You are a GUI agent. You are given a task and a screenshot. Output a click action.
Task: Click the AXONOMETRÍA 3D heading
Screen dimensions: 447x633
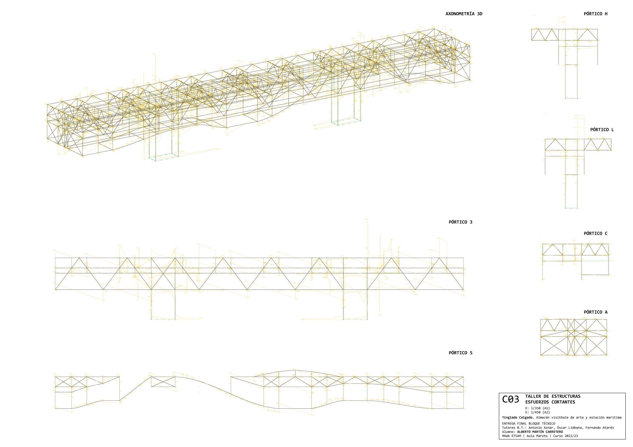tap(464, 14)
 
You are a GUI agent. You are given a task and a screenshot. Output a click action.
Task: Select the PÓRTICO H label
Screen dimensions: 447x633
tap(595, 14)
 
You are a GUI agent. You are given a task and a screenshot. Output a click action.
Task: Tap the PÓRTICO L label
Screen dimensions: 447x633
tap(602, 130)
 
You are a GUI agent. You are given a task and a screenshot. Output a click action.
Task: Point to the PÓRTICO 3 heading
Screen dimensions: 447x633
tap(461, 222)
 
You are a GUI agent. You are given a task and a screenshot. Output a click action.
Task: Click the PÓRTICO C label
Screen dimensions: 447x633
tap(595, 233)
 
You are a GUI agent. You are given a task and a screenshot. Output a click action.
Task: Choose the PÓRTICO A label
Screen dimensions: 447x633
tap(595, 312)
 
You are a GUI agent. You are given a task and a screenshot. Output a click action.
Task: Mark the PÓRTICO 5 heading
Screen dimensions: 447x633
tap(461, 353)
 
